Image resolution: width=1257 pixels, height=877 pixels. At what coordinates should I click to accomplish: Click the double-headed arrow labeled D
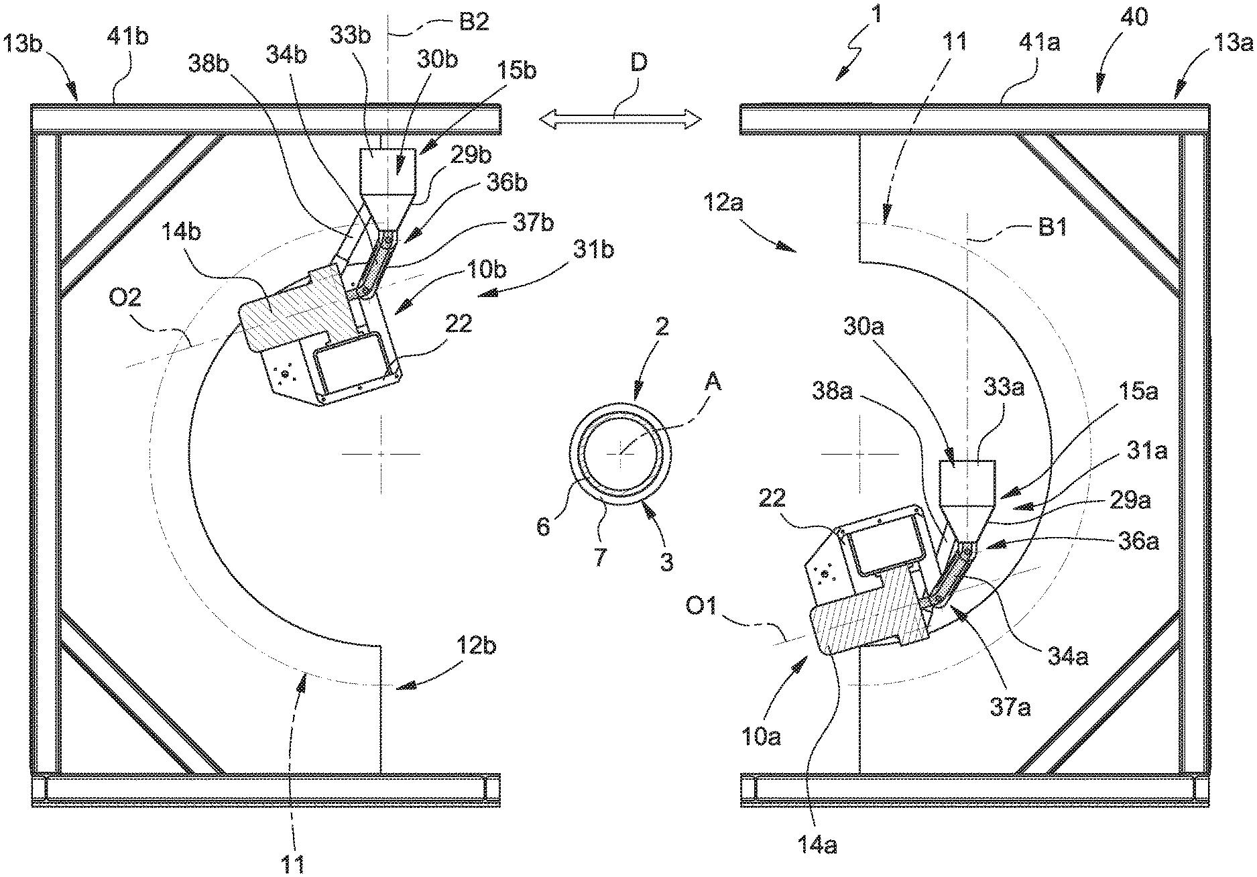point(620,119)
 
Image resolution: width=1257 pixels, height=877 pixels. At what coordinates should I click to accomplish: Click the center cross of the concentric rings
point(619,454)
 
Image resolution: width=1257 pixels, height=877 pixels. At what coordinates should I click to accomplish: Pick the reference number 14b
point(180,233)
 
